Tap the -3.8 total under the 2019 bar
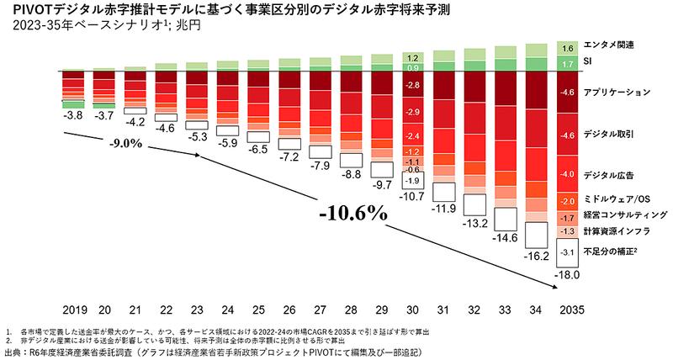pos(74,114)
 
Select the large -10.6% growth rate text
pos(352,211)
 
